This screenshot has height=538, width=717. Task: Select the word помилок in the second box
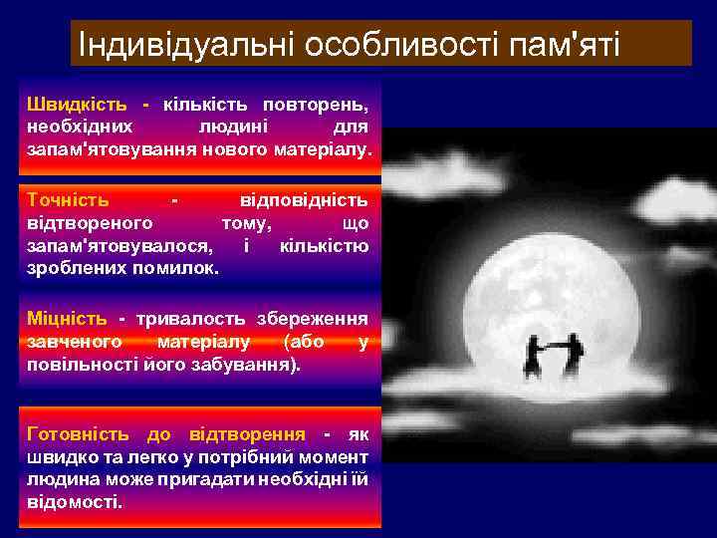(x=182, y=269)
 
